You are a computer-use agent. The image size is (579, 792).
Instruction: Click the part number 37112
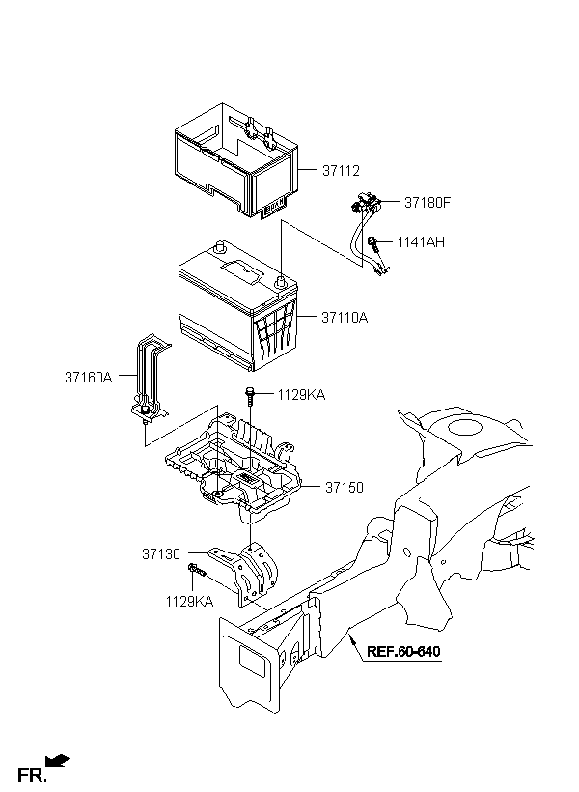click(341, 171)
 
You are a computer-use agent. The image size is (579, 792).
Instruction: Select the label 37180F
click(427, 203)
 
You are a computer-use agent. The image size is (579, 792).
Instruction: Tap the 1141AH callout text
click(421, 242)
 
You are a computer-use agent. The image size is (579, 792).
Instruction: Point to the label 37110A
click(345, 318)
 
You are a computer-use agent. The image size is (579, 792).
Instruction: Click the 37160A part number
click(88, 378)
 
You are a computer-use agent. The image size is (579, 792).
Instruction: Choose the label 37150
click(344, 488)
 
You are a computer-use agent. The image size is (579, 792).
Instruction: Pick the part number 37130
click(160, 554)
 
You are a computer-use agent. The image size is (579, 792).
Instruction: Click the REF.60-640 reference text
click(402, 651)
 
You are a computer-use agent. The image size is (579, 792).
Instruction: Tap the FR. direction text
click(32, 776)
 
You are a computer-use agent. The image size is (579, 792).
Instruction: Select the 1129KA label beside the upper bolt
click(301, 395)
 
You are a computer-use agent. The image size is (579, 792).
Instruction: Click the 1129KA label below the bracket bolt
click(189, 602)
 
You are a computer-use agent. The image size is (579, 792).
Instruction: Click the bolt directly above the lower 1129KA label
click(196, 570)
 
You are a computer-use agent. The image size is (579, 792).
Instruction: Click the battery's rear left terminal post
click(219, 247)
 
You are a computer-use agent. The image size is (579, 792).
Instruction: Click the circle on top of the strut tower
click(465, 427)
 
